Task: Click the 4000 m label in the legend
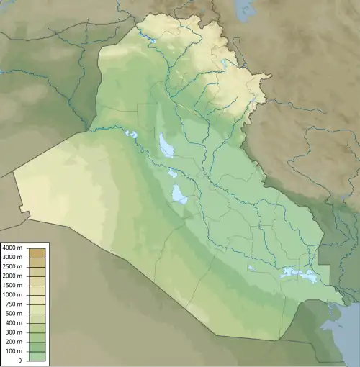pos(12,248)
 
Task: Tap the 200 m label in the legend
pos(14,332)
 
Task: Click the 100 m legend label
pos(14,342)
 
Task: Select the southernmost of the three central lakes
pos(179,194)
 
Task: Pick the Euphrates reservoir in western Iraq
pos(130,134)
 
